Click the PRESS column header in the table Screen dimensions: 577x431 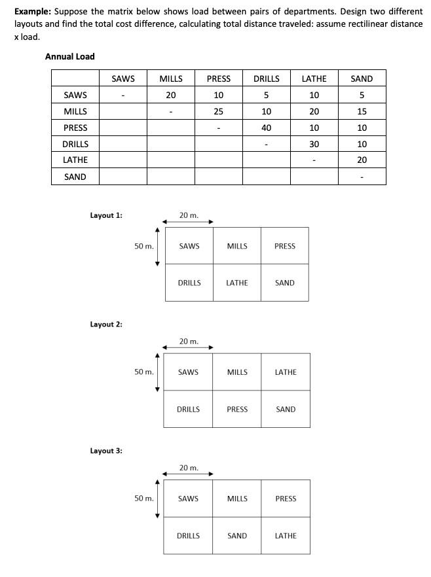point(218,79)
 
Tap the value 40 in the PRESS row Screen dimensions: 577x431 point(266,128)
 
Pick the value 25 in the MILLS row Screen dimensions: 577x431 point(218,111)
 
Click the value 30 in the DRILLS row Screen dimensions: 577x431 point(314,144)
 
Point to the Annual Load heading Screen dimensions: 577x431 point(69,56)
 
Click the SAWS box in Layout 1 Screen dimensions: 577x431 point(189,246)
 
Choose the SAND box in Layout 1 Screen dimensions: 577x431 point(285,283)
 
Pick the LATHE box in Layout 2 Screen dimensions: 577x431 point(285,372)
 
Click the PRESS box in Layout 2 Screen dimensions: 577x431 point(237,410)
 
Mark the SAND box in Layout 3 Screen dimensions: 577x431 point(237,536)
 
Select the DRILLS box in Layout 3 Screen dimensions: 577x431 point(189,536)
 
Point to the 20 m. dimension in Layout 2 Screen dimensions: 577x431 point(189,341)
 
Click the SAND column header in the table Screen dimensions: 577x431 point(362,79)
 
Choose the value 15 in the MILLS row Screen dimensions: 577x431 point(362,111)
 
